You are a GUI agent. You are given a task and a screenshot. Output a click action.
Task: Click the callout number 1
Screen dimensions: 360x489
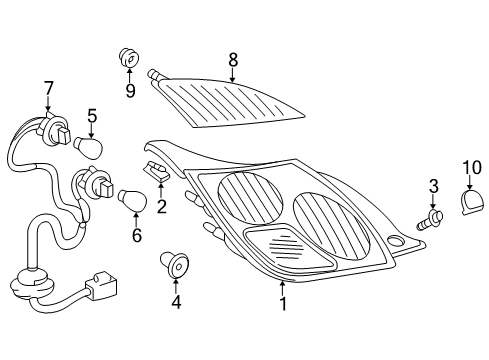click(x=282, y=303)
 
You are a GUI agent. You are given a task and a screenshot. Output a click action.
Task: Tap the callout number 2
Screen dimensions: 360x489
click(x=161, y=207)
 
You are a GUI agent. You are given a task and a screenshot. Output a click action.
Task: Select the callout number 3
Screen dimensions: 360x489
click(x=433, y=186)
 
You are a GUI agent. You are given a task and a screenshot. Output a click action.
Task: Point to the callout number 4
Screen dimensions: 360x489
click(x=176, y=299)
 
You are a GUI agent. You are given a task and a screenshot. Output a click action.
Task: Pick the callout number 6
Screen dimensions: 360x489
click(x=136, y=236)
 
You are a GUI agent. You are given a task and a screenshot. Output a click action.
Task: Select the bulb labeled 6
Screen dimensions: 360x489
click(x=134, y=201)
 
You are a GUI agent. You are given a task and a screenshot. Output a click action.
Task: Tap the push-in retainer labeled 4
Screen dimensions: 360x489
click(x=176, y=265)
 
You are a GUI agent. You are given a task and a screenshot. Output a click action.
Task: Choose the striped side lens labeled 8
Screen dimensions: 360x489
click(x=230, y=101)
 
